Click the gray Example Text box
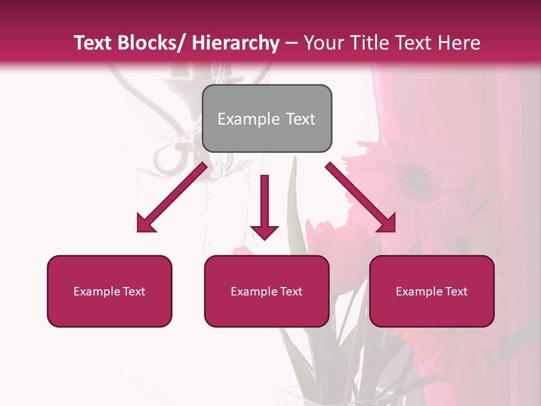(x=267, y=118)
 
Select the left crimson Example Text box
(x=109, y=291)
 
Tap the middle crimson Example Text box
(x=267, y=291)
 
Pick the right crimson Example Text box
(x=432, y=291)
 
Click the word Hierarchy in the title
(x=235, y=43)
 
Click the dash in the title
(x=291, y=43)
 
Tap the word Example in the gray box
(x=249, y=119)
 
